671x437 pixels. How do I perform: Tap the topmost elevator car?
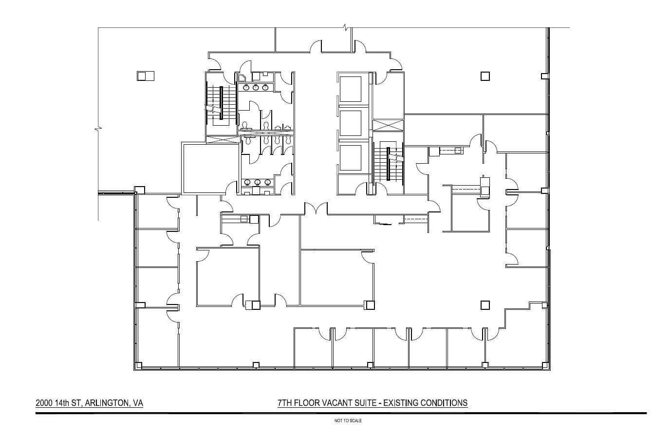(351, 89)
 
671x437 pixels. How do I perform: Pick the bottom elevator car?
(351, 158)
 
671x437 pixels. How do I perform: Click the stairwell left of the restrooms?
(221, 103)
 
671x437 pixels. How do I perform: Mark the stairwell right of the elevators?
(389, 163)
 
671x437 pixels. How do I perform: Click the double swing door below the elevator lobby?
(316, 209)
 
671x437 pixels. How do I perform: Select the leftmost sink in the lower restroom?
(248, 183)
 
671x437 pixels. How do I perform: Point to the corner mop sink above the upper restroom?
(242, 77)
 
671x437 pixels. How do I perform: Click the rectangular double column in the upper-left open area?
(145, 76)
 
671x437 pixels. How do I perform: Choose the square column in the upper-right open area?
(485, 76)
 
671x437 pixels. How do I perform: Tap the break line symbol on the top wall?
(345, 27)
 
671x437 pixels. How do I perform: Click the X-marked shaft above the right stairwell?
(388, 125)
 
